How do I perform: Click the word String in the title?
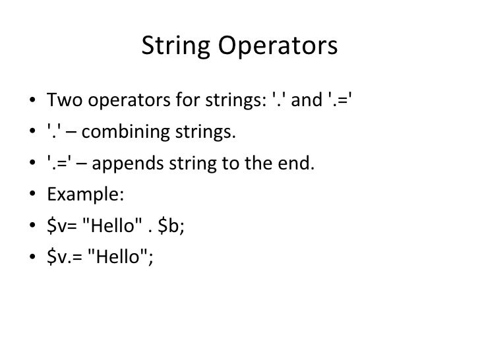coord(171,47)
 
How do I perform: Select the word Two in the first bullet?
coord(60,102)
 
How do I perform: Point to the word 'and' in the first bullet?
coord(307,102)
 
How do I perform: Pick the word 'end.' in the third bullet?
coord(297,166)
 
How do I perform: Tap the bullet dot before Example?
coord(33,198)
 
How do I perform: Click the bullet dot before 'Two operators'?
coord(33,104)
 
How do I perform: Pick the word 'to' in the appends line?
coord(233,166)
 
